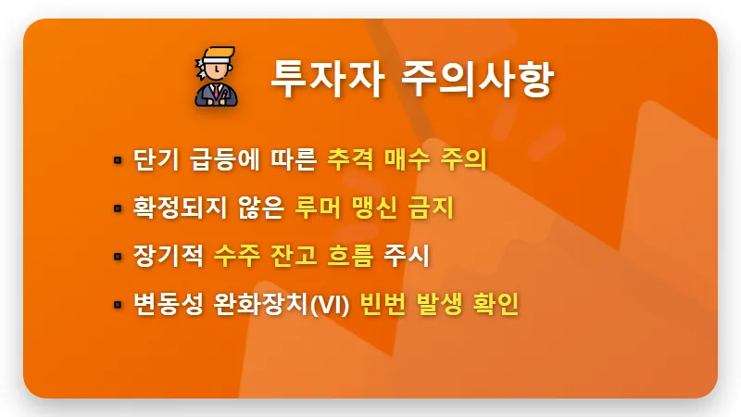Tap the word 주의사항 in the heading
pyautogui.click(x=477, y=77)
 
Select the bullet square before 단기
pyautogui.click(x=118, y=160)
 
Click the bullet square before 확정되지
pyautogui.click(x=118, y=208)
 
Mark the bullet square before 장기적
pyautogui.click(x=118, y=256)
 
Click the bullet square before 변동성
pyautogui.click(x=118, y=304)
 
